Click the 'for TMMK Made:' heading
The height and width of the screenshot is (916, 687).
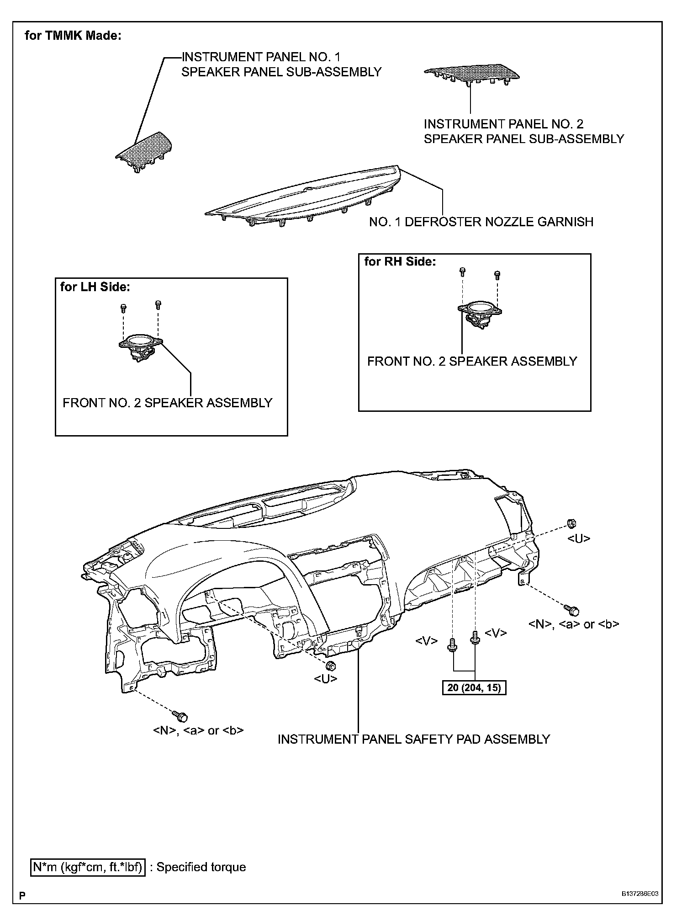(73, 36)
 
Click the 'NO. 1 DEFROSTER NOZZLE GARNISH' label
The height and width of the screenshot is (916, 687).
(481, 222)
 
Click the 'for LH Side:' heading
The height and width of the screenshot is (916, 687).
(95, 287)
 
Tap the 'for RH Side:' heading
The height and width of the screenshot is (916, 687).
(400, 262)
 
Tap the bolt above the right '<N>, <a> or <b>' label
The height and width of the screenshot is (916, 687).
(571, 609)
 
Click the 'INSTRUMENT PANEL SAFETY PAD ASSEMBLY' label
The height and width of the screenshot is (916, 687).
(414, 739)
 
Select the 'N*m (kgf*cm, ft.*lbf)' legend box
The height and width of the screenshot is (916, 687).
(88, 867)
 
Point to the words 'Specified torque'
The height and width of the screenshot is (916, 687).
(201, 867)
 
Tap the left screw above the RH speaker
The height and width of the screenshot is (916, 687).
(462, 272)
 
